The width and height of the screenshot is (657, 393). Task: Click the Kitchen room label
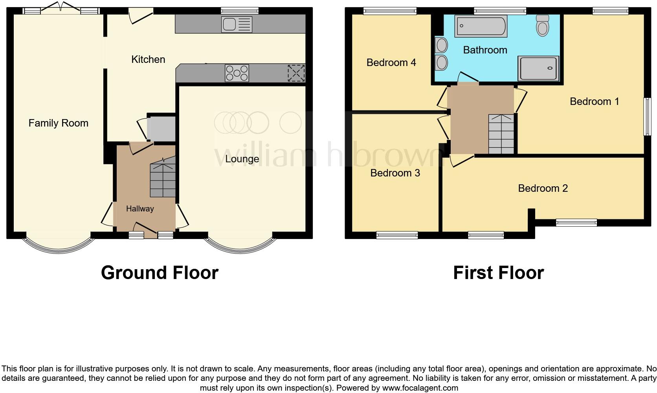[148, 59]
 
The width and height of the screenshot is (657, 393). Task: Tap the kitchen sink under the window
[236, 24]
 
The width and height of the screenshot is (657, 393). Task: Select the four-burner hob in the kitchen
[237, 73]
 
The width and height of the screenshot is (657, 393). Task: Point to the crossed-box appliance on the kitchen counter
[296, 73]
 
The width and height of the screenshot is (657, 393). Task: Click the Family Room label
[58, 123]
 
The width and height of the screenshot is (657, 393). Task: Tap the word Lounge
[242, 159]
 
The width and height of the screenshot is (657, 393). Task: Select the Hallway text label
[140, 209]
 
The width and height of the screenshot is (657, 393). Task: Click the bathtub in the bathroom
[481, 26]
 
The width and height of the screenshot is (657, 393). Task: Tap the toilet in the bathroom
[543, 26]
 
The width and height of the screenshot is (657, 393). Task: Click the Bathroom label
[485, 50]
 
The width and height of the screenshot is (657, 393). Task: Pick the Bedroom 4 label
[391, 62]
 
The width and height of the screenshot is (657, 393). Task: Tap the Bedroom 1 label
[594, 101]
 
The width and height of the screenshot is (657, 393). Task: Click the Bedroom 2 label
[543, 188]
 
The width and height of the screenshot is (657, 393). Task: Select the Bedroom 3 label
[395, 173]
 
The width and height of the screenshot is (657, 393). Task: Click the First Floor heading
[498, 273]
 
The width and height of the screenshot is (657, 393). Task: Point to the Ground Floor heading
[160, 273]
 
